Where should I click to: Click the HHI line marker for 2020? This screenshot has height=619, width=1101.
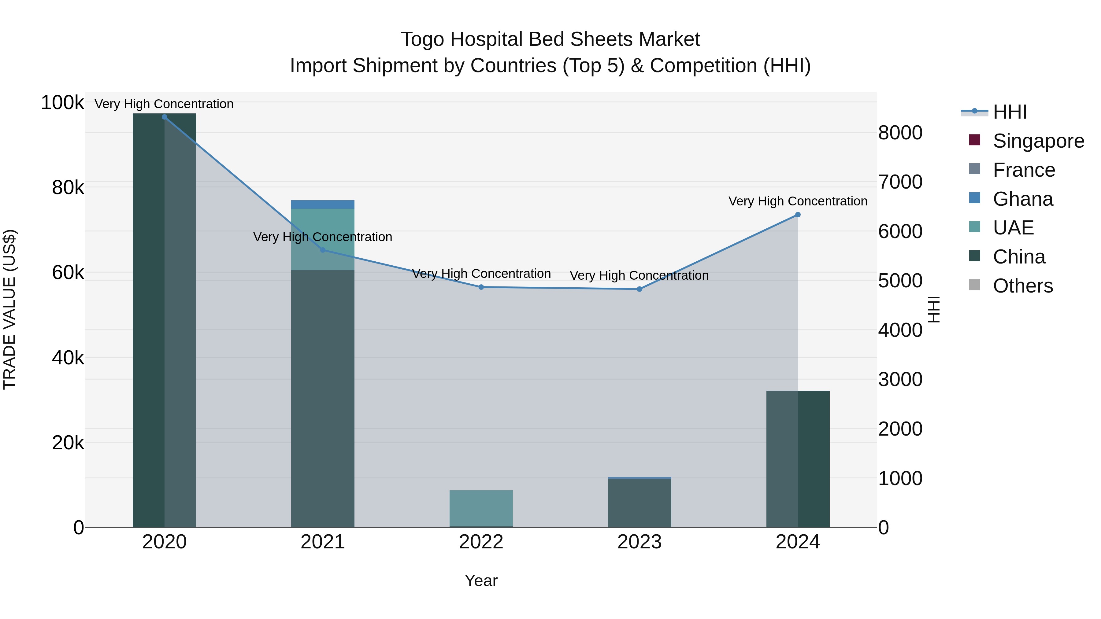[x=165, y=117]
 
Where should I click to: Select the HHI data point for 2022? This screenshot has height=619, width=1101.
[x=481, y=287]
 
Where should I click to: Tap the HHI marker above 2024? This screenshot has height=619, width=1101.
[x=798, y=215]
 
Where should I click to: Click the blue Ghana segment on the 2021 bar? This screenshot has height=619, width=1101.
[x=323, y=204]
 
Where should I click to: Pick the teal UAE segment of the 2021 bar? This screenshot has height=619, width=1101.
[x=323, y=239]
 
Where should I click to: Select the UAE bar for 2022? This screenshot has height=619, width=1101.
[x=481, y=508]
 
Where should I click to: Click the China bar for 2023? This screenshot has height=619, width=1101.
[x=639, y=503]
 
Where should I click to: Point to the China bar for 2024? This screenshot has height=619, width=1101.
[x=798, y=459]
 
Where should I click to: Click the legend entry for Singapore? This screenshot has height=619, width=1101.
[x=1038, y=141]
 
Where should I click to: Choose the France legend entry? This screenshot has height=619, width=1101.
[x=1024, y=170]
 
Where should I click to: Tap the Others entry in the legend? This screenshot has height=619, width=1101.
[x=1022, y=286]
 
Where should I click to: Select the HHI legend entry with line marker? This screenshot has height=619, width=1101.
[x=1010, y=112]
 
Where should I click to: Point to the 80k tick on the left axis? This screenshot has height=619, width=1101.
[x=68, y=188]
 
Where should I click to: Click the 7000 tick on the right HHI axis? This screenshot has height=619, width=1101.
[x=900, y=182]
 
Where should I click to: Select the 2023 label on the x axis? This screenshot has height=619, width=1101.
[x=639, y=542]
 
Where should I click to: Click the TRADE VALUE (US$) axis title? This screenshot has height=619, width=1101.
[x=9, y=309]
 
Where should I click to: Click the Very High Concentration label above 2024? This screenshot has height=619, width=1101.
[x=798, y=201]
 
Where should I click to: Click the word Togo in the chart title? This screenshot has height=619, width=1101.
[x=422, y=39]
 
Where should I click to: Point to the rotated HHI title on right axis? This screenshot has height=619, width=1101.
[x=934, y=309]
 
